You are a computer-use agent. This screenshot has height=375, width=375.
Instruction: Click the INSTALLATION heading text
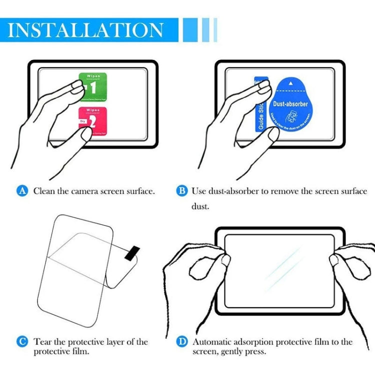point(86,29)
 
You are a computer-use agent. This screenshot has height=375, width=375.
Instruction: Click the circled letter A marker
point(22,190)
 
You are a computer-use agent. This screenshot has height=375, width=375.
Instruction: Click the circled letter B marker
point(182,190)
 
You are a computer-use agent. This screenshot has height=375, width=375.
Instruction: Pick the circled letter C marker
point(22,342)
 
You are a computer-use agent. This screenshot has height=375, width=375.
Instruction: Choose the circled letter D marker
point(182,342)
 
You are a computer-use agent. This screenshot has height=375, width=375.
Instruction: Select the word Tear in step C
point(43,342)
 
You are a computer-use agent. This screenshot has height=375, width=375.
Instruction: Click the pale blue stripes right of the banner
point(200,29)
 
